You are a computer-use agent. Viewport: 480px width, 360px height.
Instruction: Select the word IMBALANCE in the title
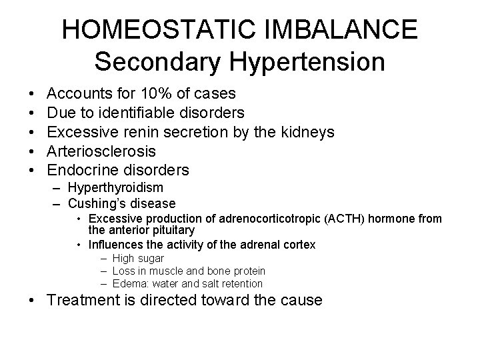354,30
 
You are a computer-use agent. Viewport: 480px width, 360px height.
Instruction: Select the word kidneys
303,132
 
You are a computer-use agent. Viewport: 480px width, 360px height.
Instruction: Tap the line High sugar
138,259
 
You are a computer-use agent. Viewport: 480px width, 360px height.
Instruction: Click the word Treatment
78,301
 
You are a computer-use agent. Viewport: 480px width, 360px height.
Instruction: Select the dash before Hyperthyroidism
56,189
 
